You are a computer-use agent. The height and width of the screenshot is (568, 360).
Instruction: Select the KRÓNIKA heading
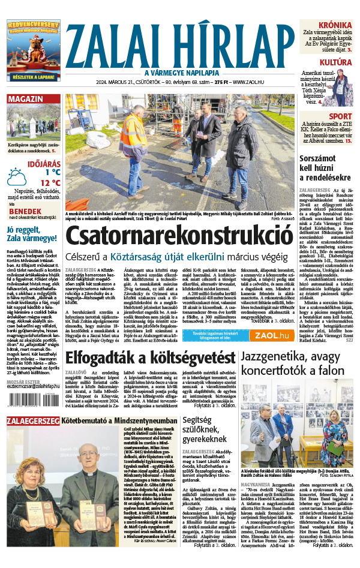coord(335,25)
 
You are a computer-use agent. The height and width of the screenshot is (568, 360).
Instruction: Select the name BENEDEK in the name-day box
coord(25,211)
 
